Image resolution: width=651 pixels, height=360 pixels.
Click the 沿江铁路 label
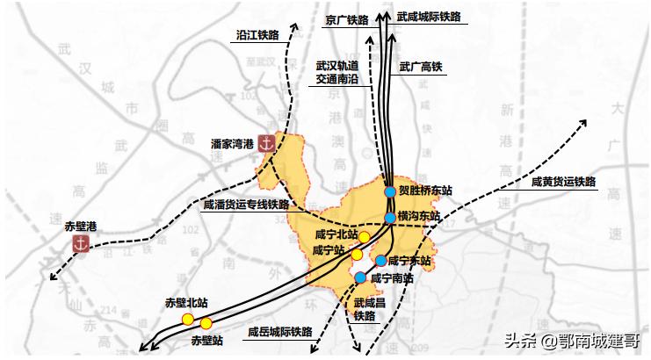[x=257, y=36]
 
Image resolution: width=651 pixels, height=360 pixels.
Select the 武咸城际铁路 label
[x=428, y=17]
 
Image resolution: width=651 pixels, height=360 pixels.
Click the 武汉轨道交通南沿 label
[x=337, y=72]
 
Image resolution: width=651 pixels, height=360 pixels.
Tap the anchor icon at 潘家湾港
[x=267, y=142]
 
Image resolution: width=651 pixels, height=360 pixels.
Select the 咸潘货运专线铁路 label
[x=245, y=205]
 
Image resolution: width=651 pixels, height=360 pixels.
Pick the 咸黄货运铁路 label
[x=563, y=182]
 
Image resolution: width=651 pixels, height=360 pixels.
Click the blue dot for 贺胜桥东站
[x=390, y=191]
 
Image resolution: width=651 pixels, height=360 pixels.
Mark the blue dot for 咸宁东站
[x=380, y=261]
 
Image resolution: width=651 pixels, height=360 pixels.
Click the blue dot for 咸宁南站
[x=361, y=278]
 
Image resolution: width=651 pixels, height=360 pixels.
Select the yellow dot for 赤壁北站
[x=187, y=318]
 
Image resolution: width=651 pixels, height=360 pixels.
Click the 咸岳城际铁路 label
[x=279, y=332]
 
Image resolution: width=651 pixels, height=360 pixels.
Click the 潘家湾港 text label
[x=232, y=142]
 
